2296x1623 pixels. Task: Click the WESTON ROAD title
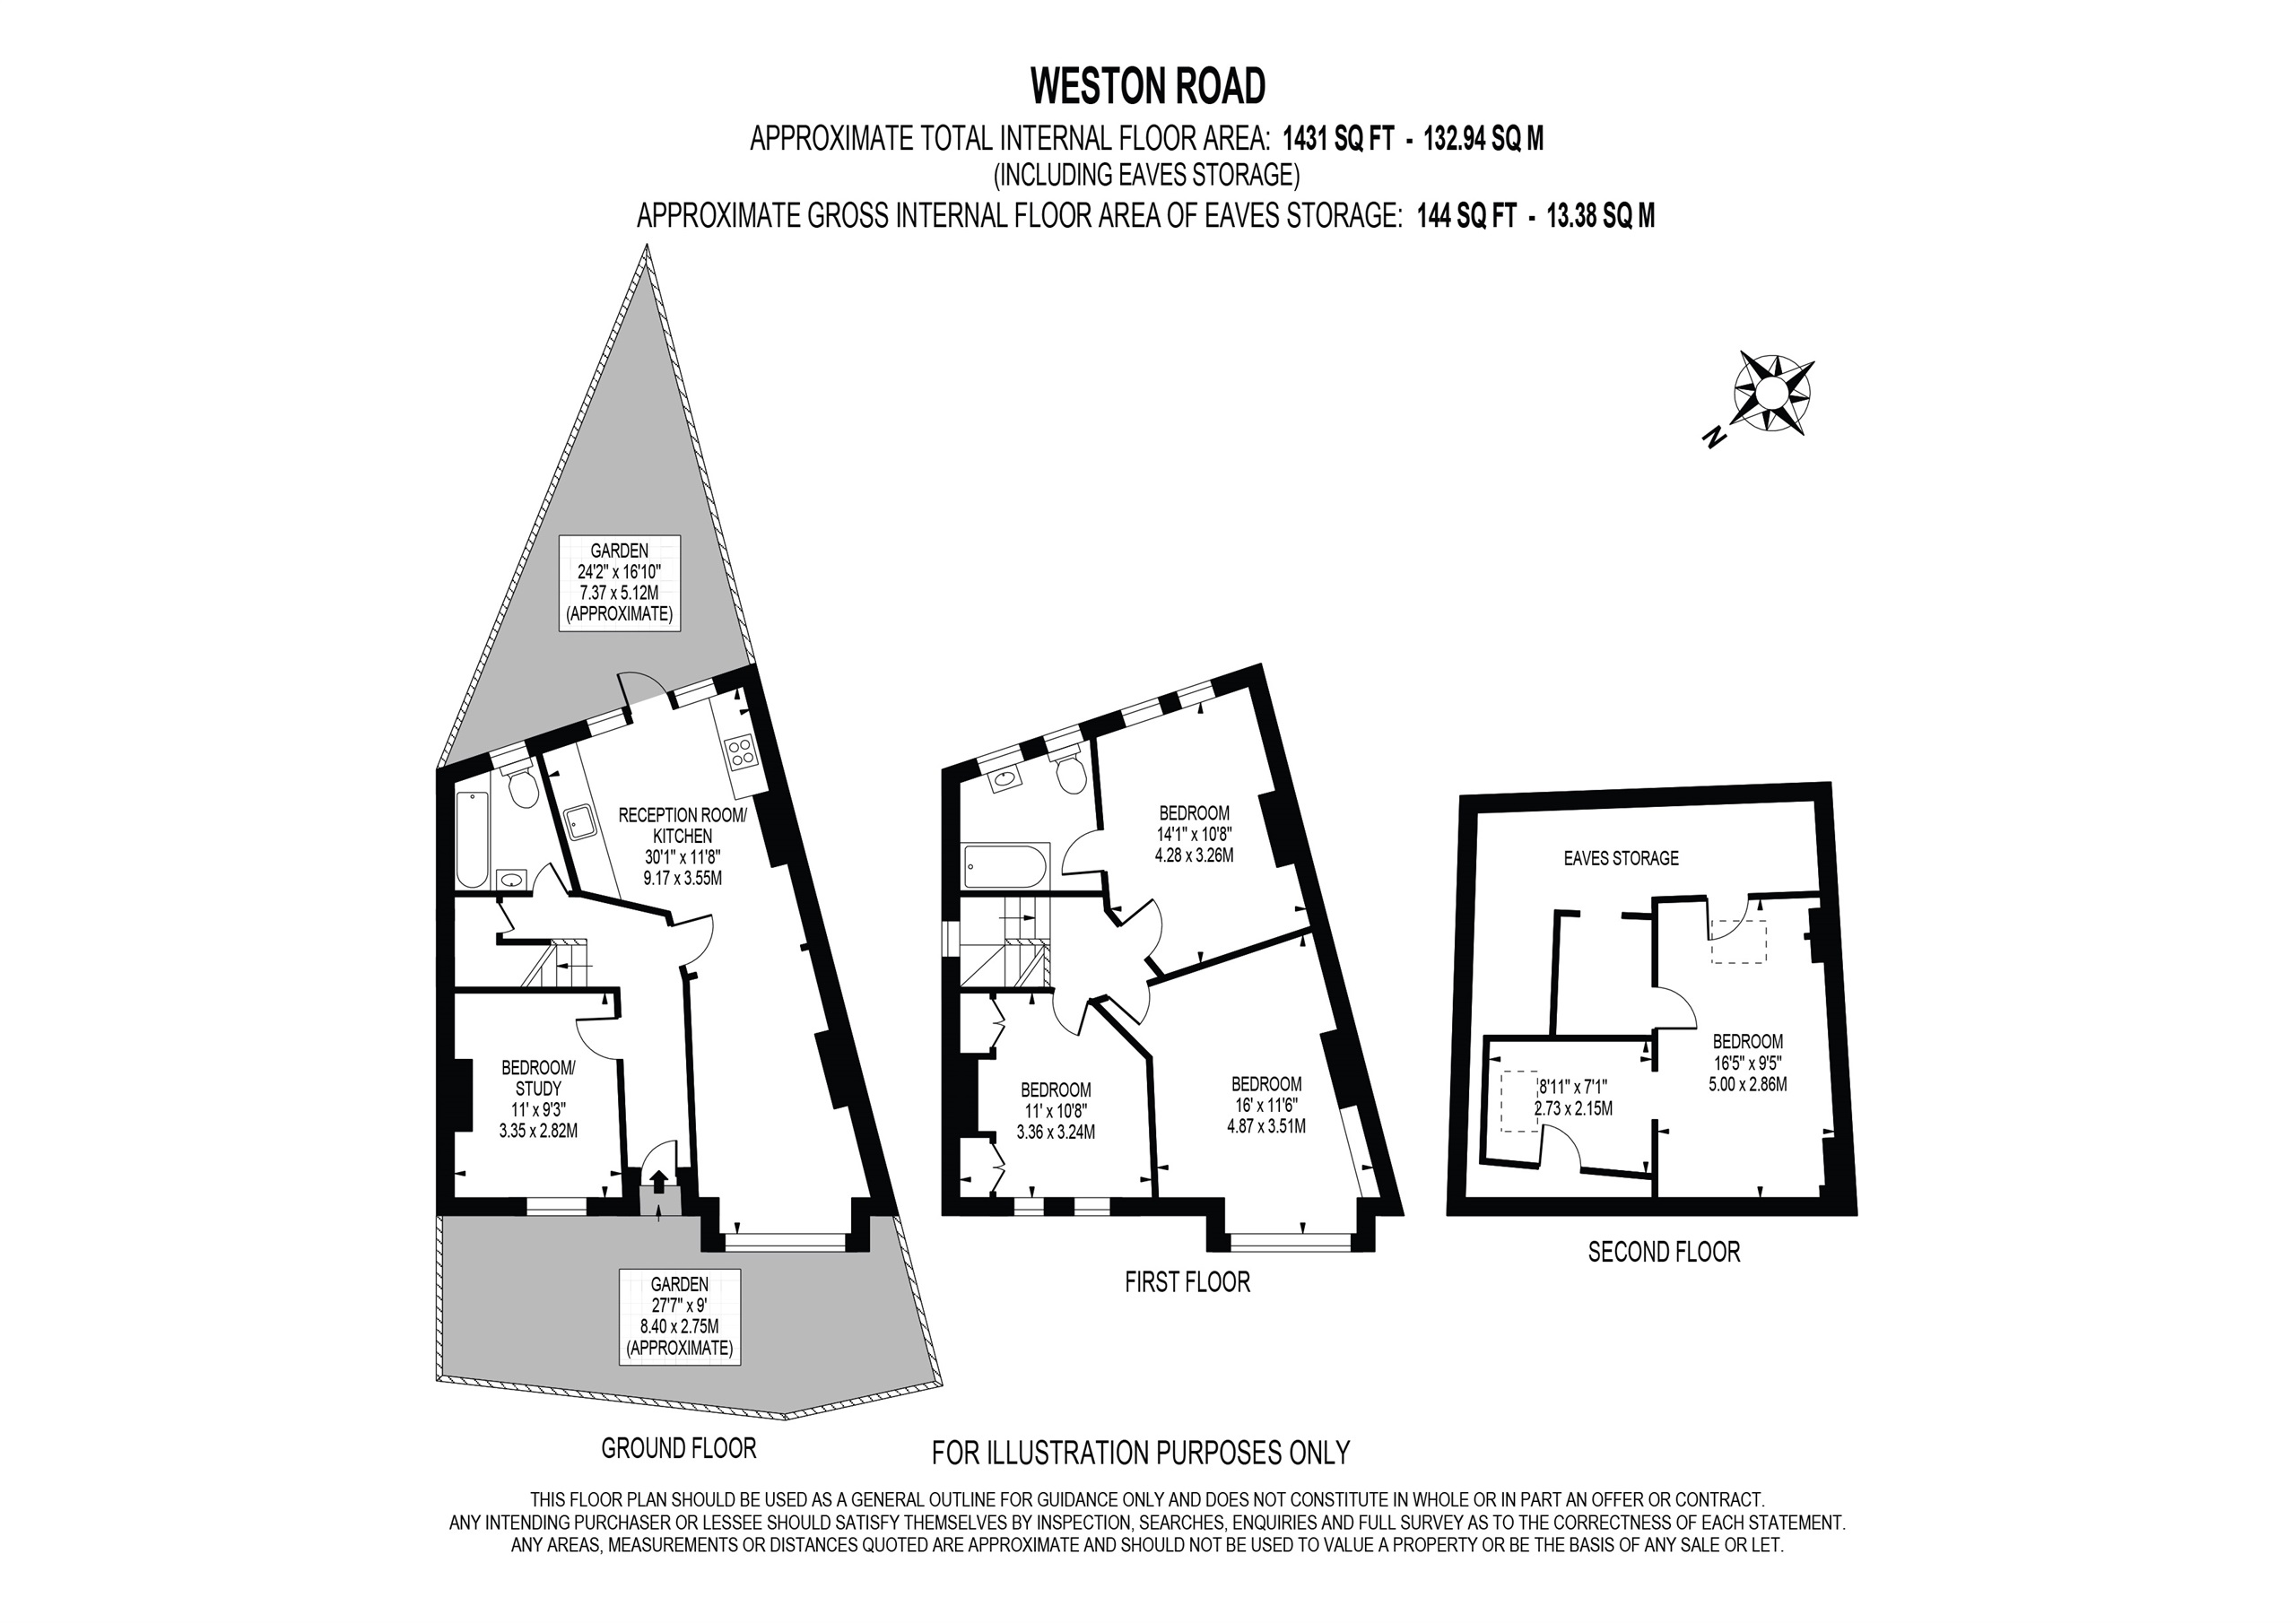(x=1148, y=87)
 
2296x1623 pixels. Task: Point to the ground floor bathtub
(x=471, y=839)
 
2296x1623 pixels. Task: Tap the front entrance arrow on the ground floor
(x=658, y=1180)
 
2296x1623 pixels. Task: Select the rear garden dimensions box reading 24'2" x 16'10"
(x=619, y=582)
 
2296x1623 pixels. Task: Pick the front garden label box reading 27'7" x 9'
(x=679, y=1315)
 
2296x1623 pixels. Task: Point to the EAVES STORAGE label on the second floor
(x=1621, y=858)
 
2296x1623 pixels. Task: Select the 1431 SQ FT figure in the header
(x=1338, y=140)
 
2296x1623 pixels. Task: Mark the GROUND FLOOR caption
(x=678, y=1447)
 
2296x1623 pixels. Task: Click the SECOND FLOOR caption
(x=1664, y=1251)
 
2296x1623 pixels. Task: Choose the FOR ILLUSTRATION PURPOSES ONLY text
(x=1140, y=1452)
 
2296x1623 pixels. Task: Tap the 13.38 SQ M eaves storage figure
(x=1600, y=216)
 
